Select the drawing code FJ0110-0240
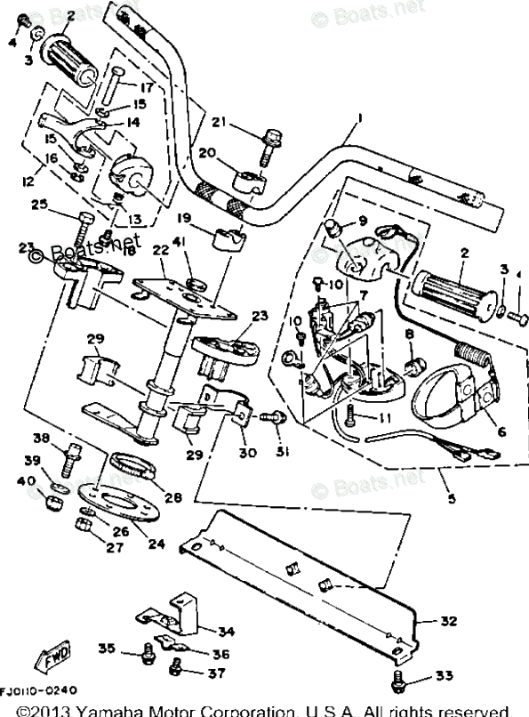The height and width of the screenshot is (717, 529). (x=38, y=690)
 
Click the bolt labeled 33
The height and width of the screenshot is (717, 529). (x=399, y=681)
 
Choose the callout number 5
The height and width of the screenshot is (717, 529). (x=451, y=500)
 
